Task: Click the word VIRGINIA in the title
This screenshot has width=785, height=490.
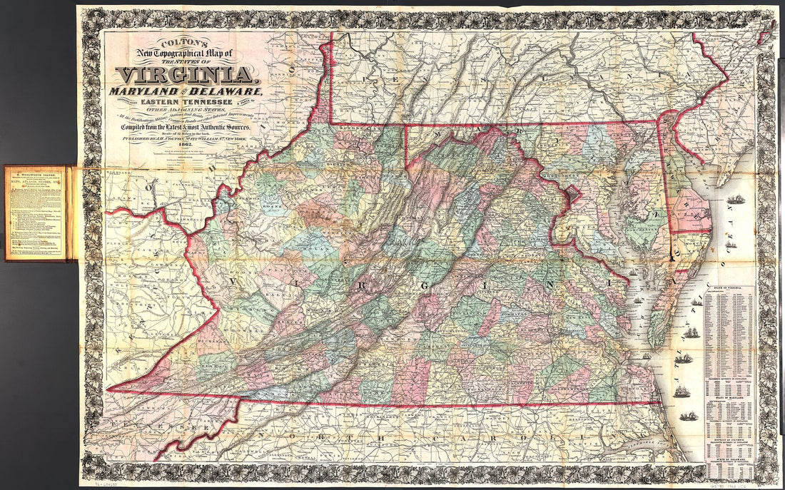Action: click(x=185, y=75)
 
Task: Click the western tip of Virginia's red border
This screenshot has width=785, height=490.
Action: click(x=108, y=390)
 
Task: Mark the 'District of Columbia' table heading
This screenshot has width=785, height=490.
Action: click(x=729, y=442)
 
